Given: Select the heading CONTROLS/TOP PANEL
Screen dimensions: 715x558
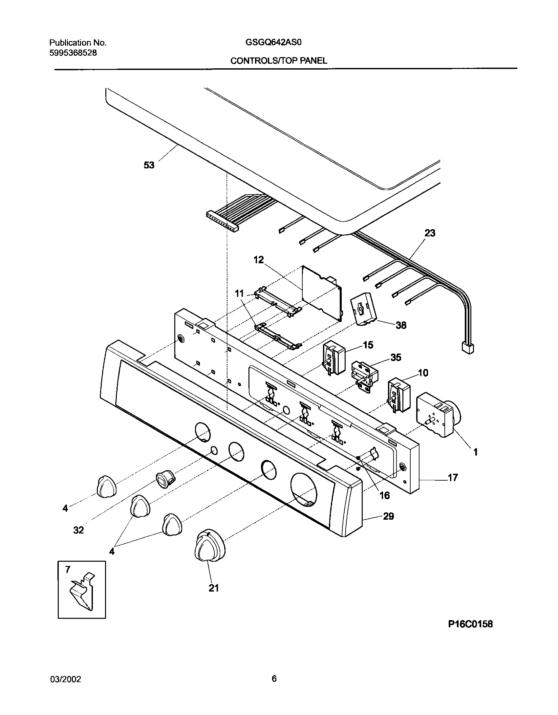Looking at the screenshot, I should click(278, 60).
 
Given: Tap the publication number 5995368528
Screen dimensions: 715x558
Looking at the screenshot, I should click(73, 53).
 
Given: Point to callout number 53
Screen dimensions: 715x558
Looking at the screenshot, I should click(149, 165).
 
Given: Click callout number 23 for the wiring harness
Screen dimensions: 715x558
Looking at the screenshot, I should click(430, 233).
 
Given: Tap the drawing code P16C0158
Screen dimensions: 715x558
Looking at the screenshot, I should click(470, 633).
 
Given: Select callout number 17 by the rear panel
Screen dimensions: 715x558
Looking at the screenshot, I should click(452, 478).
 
